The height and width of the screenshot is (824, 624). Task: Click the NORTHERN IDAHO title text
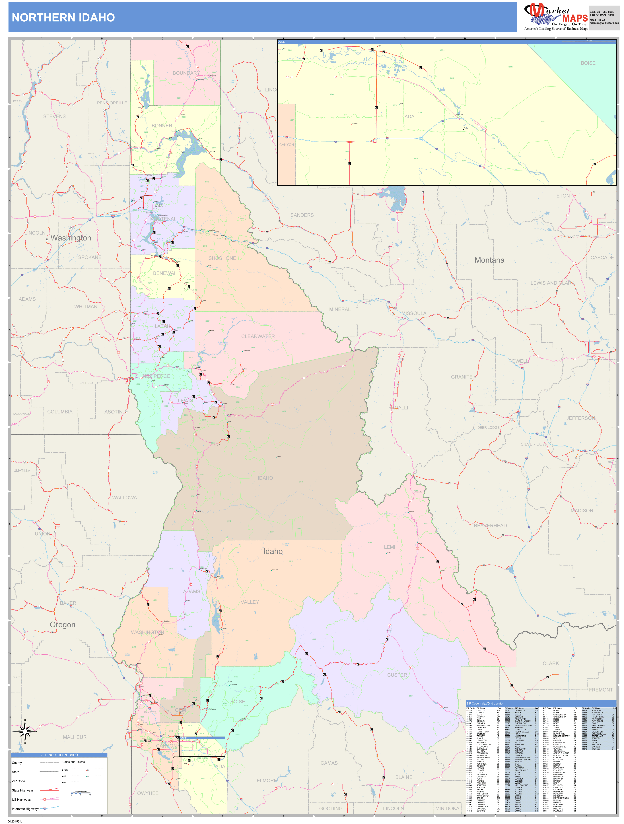[x=63, y=18]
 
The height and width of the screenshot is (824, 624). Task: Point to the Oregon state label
[x=63, y=625]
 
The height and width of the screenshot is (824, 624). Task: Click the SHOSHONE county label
[x=222, y=258]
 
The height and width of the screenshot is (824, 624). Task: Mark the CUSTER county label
[x=397, y=675]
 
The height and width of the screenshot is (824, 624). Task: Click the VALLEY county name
[x=250, y=602]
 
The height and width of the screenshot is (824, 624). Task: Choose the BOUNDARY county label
[x=186, y=73]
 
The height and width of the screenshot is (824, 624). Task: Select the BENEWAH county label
[x=165, y=273]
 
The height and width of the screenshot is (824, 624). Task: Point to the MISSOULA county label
[x=414, y=313]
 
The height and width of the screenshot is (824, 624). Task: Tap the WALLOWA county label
[x=125, y=498]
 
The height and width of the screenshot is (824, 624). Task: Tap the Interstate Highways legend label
[x=25, y=809]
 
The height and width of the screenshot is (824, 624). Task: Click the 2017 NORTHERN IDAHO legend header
[x=59, y=755]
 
